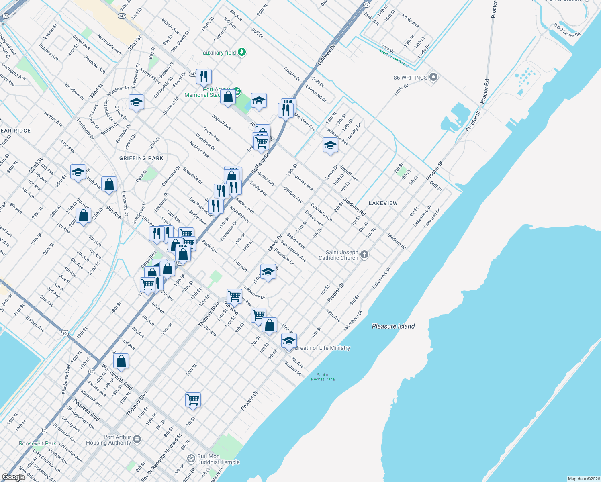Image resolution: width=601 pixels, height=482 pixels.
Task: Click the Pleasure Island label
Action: [393, 326]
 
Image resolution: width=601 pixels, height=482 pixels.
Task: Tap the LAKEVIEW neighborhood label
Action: [383, 203]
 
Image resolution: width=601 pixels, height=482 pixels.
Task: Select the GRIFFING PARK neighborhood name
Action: [141, 158]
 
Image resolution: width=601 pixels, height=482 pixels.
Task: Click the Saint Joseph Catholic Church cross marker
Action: [364, 255]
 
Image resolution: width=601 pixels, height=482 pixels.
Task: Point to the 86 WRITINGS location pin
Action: [433, 77]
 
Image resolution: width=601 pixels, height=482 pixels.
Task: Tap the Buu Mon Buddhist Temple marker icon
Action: [191, 458]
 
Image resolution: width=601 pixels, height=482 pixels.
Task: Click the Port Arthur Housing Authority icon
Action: [137, 439]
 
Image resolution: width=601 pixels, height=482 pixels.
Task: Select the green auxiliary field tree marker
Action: [241, 52]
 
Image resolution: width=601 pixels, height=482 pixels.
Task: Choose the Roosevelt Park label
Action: [37, 443]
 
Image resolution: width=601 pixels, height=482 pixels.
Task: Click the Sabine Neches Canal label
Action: [323, 377]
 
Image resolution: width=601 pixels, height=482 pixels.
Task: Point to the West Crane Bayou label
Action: [394, 59]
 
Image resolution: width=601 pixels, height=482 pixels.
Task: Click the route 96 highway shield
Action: [64, 333]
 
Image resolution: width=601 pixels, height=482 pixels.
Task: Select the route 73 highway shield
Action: [6, 16]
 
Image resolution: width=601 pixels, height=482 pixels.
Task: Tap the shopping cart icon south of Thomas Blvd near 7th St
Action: [193, 400]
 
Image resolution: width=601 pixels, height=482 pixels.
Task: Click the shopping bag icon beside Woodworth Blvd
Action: [121, 361]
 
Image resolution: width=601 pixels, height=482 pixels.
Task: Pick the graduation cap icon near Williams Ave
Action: [330, 145]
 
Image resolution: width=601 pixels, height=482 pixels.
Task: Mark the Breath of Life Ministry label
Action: [322, 348]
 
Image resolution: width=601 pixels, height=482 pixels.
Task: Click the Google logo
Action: [14, 477]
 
